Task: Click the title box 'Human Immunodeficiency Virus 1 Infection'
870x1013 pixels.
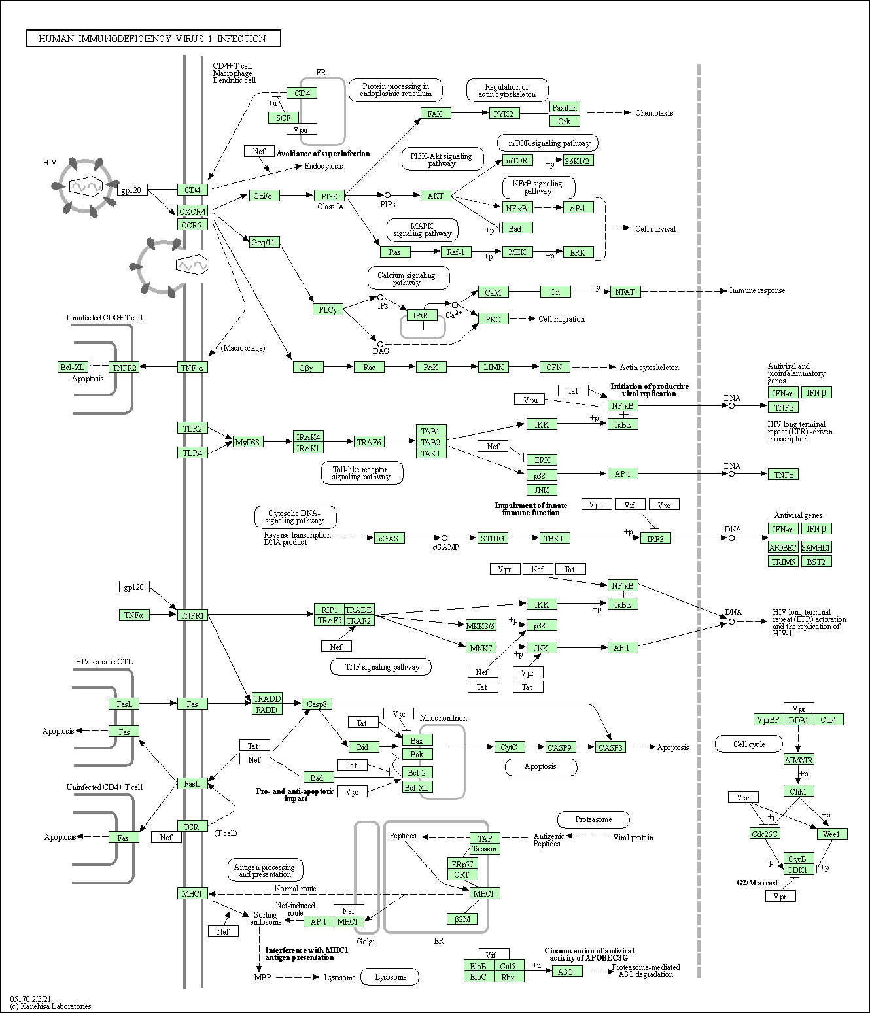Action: click(x=153, y=39)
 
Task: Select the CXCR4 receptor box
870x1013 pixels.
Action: click(x=192, y=211)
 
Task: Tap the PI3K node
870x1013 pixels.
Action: click(x=330, y=196)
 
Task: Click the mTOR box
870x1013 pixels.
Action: click(x=517, y=161)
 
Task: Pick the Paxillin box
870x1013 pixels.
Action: click(x=564, y=107)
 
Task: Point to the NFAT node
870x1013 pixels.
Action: click(x=625, y=292)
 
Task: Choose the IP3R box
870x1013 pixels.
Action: click(x=421, y=316)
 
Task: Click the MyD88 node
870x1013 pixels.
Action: click(x=248, y=442)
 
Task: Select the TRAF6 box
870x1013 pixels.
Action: click(x=369, y=442)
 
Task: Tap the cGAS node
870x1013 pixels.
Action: click(x=389, y=538)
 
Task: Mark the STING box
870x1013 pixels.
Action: click(x=493, y=538)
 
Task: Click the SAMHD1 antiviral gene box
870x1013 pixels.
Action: click(x=816, y=547)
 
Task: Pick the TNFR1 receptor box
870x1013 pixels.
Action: click(x=192, y=615)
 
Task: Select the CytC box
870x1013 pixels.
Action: click(x=509, y=747)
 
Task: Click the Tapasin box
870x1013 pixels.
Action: click(x=484, y=849)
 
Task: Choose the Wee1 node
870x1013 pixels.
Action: click(x=831, y=834)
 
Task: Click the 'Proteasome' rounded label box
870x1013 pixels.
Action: click(x=593, y=819)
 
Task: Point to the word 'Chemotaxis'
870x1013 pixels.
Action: click(x=653, y=113)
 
